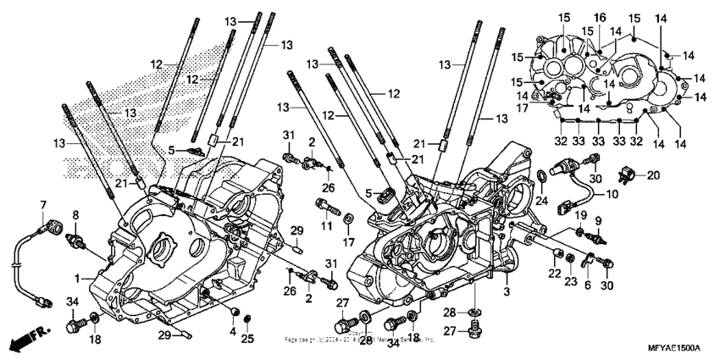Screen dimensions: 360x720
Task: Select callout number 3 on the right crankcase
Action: click(x=507, y=291)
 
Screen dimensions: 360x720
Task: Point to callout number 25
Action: click(x=246, y=339)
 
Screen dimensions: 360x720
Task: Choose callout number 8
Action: click(x=75, y=215)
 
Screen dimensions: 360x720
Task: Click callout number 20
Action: click(x=652, y=174)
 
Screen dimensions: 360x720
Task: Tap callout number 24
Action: click(x=542, y=201)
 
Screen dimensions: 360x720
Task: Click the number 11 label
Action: click(x=325, y=227)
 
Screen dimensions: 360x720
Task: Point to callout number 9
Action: click(x=597, y=220)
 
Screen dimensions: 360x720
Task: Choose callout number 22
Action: click(x=553, y=274)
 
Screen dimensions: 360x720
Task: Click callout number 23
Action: click(x=570, y=280)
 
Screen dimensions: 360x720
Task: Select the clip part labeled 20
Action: click(x=627, y=177)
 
